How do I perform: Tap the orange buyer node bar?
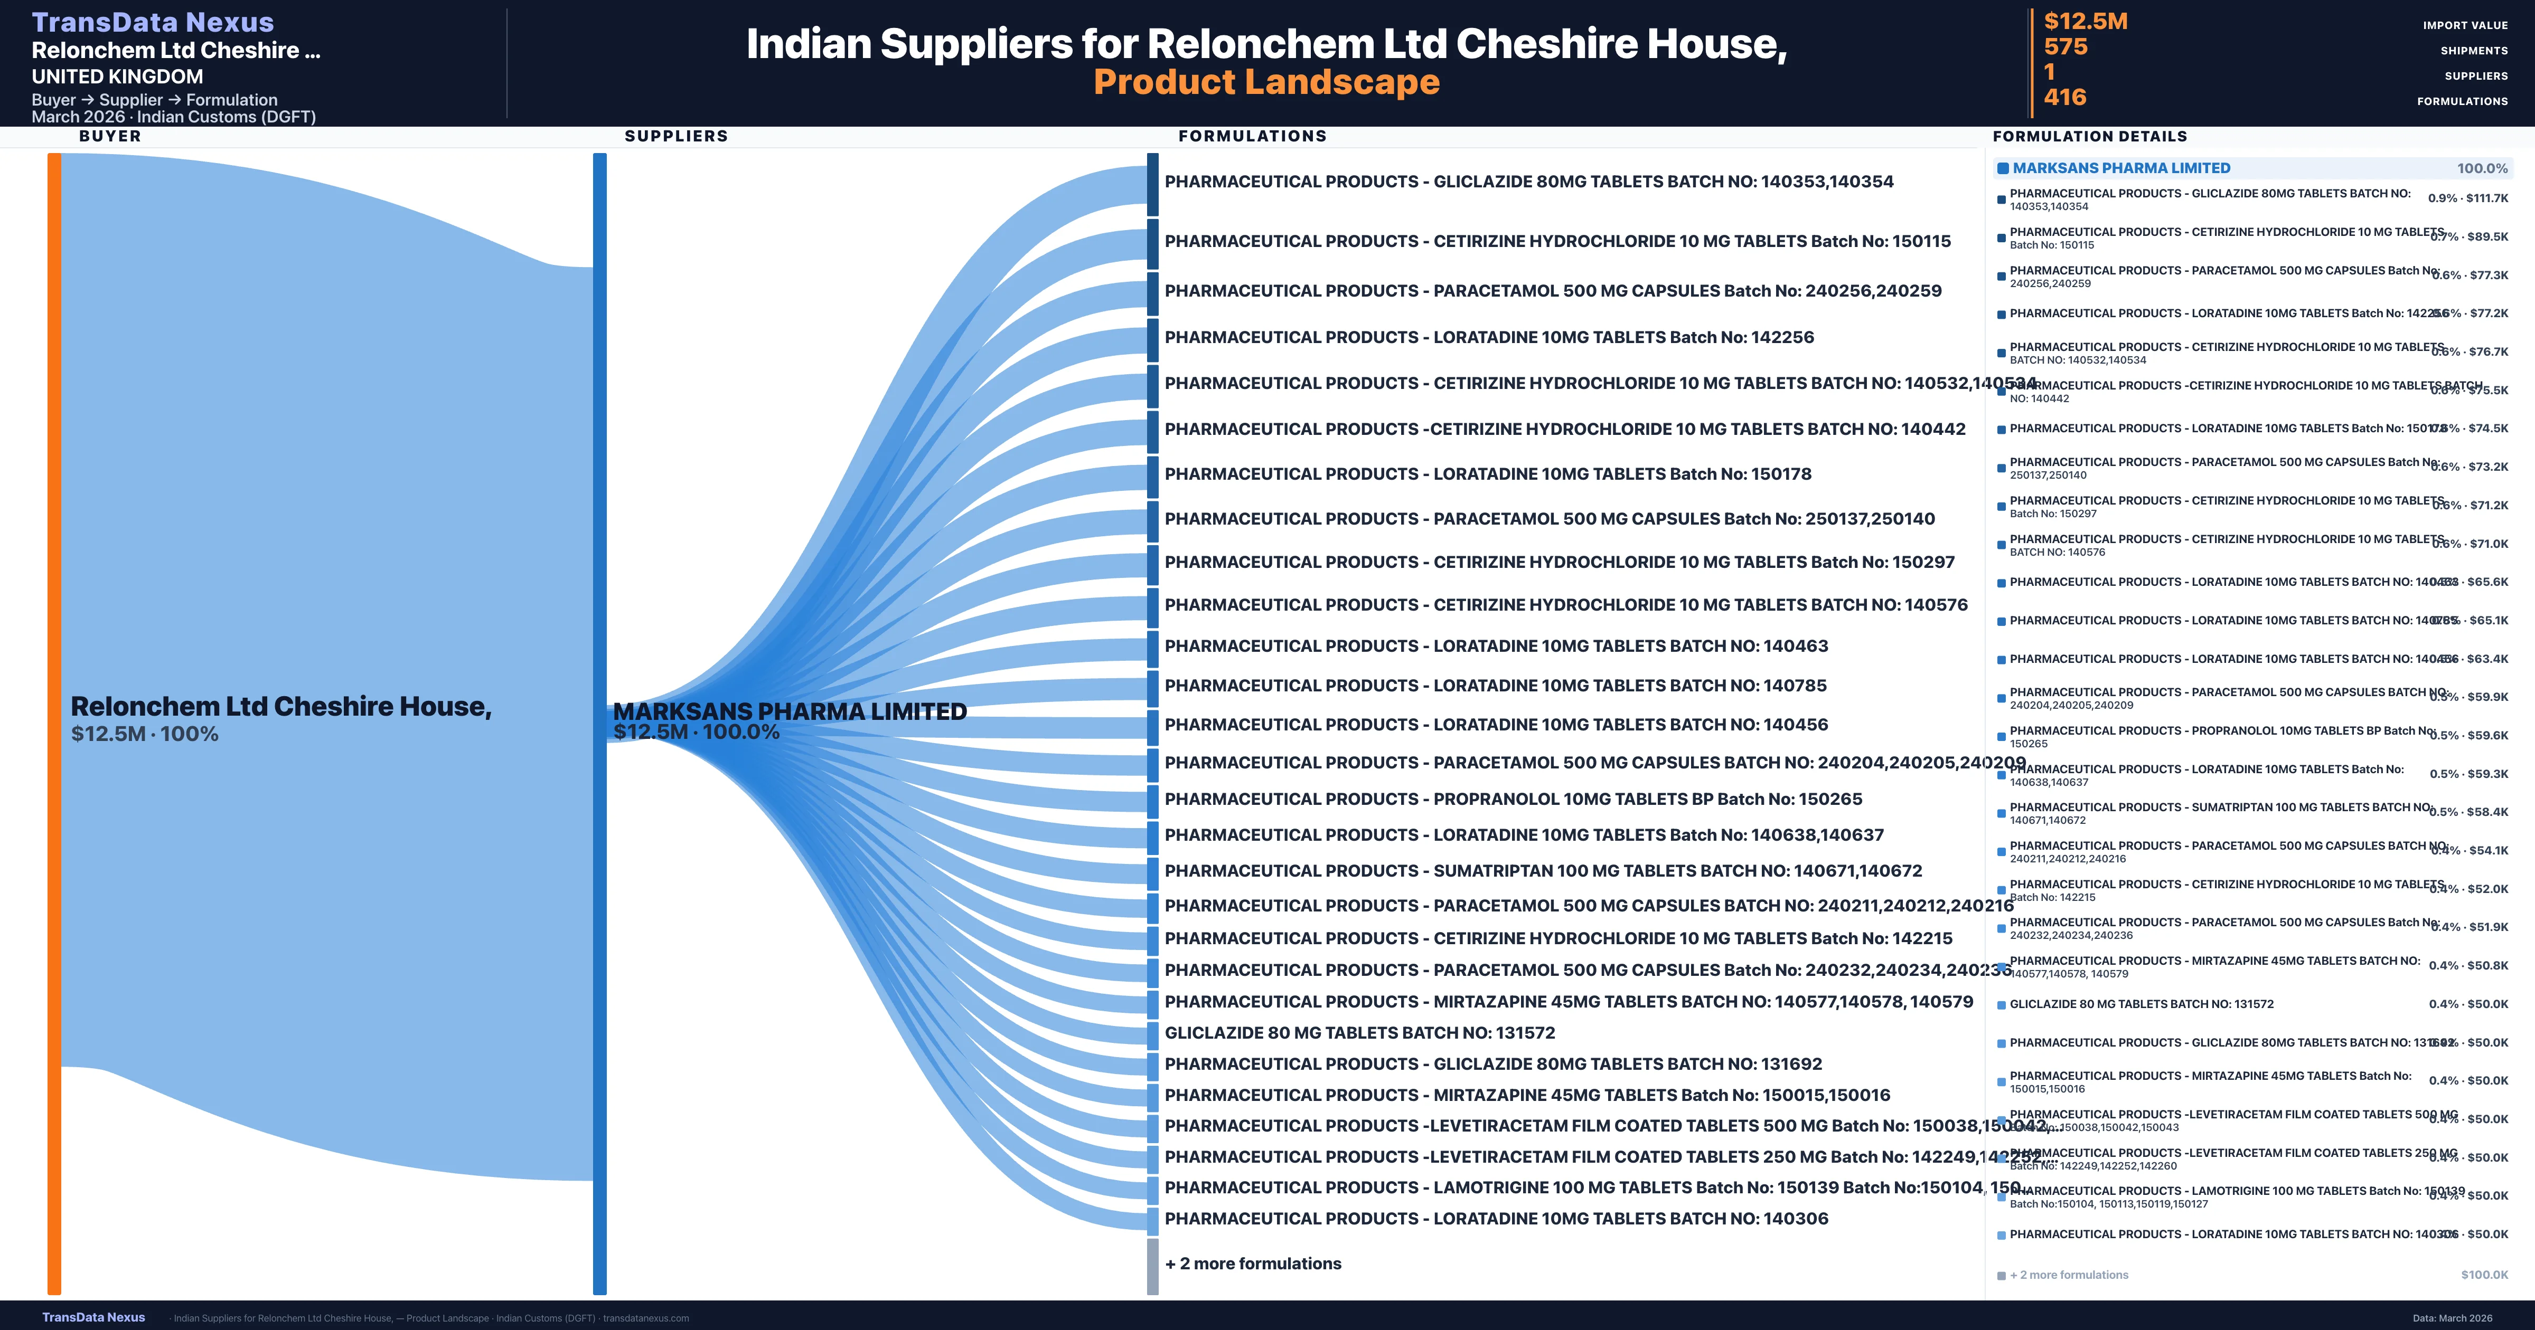click(54, 723)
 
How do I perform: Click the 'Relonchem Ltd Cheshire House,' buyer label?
click(280, 706)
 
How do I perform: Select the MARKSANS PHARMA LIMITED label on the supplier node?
click(789, 711)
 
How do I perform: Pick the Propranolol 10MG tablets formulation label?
click(1513, 799)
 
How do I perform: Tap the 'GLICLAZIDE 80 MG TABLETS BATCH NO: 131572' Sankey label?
click(1359, 1033)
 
